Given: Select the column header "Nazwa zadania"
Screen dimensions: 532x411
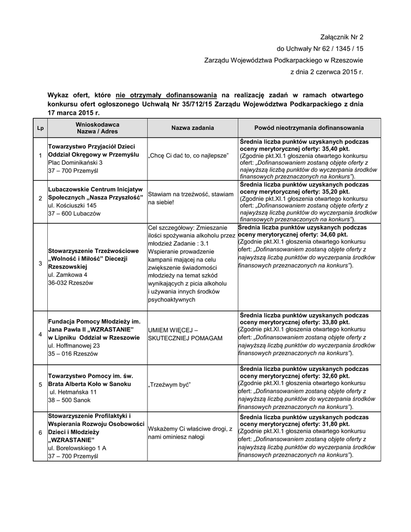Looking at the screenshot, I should click(192, 128).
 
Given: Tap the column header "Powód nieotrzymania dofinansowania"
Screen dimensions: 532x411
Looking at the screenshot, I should click(309, 128).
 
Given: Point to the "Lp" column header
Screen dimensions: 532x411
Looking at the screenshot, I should click(40, 128).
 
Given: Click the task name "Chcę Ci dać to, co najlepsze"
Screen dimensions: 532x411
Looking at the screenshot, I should click(188, 155).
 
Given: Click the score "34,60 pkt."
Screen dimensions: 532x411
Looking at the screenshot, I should click(330, 235).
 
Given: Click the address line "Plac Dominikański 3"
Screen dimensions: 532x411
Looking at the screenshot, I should click(75, 163).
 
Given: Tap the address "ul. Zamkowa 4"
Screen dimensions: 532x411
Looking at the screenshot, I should click(68, 274).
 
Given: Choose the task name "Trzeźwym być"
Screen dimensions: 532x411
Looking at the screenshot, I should click(170, 384).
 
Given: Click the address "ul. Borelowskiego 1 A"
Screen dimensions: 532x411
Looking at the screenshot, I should click(77, 447).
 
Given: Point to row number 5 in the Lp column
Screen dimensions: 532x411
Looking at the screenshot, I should click(40, 384).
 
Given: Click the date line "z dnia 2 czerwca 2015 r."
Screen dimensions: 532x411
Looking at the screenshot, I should click(326, 71).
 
